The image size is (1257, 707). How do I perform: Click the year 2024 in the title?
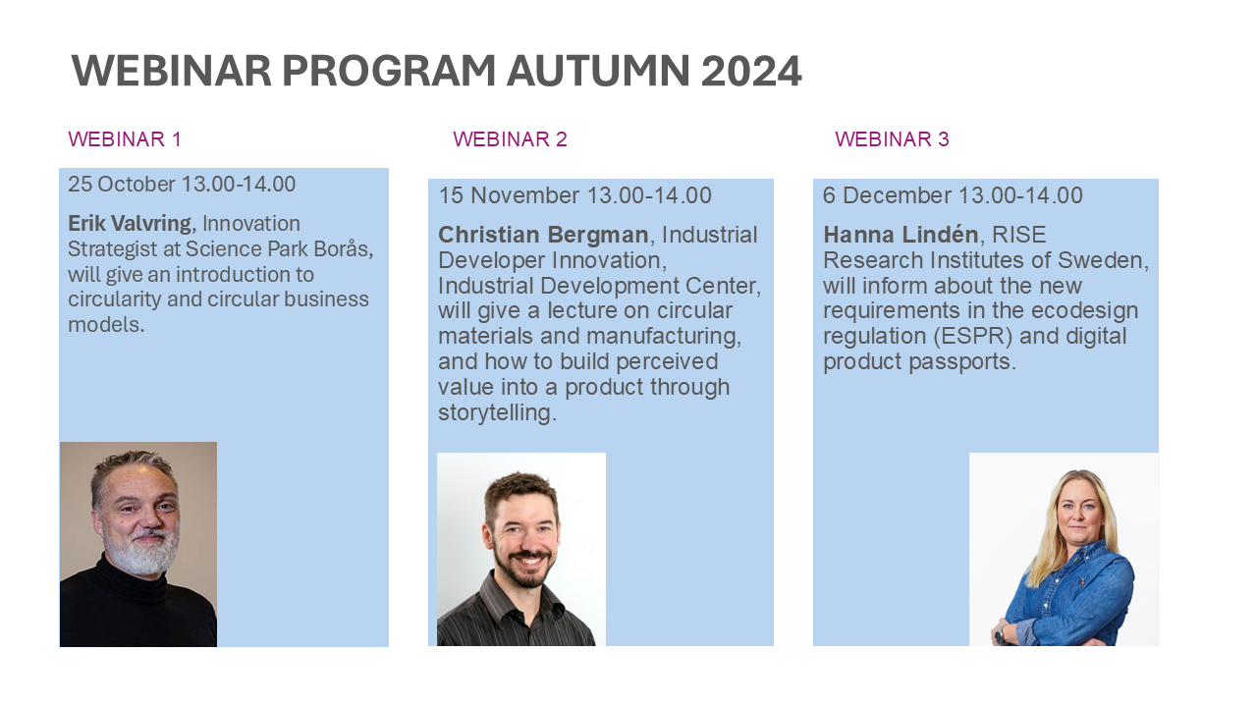(x=751, y=72)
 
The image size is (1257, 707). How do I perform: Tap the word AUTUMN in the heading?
(x=598, y=72)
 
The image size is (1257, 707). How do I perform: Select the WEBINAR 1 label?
(x=125, y=139)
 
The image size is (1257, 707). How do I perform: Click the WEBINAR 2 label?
(x=510, y=139)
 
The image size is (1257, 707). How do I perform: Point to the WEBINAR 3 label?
(x=892, y=139)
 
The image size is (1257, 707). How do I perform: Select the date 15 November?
(x=509, y=195)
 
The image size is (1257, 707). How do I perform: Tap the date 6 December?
(x=887, y=195)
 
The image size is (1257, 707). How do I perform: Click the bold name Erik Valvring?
(x=130, y=224)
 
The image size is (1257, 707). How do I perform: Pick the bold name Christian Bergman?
(x=543, y=235)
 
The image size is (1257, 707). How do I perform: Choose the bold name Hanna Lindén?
(x=901, y=235)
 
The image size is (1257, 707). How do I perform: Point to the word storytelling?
(x=497, y=412)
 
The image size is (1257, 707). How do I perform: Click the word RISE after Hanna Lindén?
(x=1019, y=235)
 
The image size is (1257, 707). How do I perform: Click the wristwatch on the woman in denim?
(x=1000, y=634)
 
